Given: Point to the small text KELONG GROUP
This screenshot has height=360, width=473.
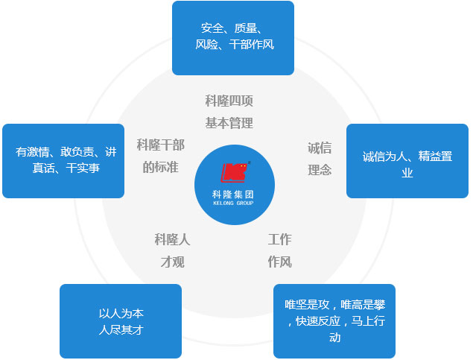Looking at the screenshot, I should click(234, 202).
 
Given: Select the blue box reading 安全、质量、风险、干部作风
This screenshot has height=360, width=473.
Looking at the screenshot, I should click(233, 37).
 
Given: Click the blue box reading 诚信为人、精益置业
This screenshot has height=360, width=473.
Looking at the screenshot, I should click(407, 160).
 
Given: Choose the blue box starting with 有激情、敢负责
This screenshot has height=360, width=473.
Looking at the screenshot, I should click(63, 160).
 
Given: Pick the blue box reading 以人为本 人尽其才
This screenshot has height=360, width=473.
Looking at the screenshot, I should click(121, 321).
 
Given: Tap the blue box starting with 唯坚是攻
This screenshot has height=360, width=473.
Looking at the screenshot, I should click(334, 321).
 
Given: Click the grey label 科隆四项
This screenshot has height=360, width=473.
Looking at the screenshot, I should click(229, 101).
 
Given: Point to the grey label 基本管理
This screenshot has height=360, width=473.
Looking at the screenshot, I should click(229, 123).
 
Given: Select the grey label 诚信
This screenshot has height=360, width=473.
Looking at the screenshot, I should click(320, 148).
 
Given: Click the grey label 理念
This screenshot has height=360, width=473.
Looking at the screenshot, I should click(320, 170).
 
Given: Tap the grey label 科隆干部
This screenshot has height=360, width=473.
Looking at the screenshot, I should click(160, 144).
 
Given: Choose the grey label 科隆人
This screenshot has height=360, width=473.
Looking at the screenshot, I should click(173, 239).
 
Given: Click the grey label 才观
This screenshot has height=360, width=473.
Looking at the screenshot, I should click(173, 262).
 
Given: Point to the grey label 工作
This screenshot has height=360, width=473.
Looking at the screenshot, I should click(279, 239).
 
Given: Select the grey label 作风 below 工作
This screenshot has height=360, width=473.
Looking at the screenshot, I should click(279, 262).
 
